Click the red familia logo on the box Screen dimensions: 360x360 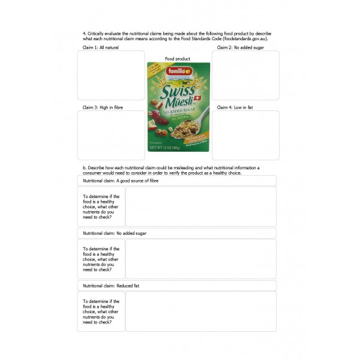tap(178, 71)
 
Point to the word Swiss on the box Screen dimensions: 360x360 tap(178, 92)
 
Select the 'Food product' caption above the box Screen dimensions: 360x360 tap(178, 59)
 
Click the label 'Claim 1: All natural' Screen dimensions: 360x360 tap(101, 47)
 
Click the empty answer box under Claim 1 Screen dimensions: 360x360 tap(111, 75)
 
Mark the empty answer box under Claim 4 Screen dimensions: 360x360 tap(245, 135)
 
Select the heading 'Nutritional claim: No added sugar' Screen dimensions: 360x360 tap(115, 233)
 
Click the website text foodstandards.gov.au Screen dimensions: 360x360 tap(244, 38)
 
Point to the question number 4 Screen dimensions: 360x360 tap(83, 33)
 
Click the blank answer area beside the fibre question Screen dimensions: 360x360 tap(200, 206)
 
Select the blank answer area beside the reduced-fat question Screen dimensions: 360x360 tap(200, 311)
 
